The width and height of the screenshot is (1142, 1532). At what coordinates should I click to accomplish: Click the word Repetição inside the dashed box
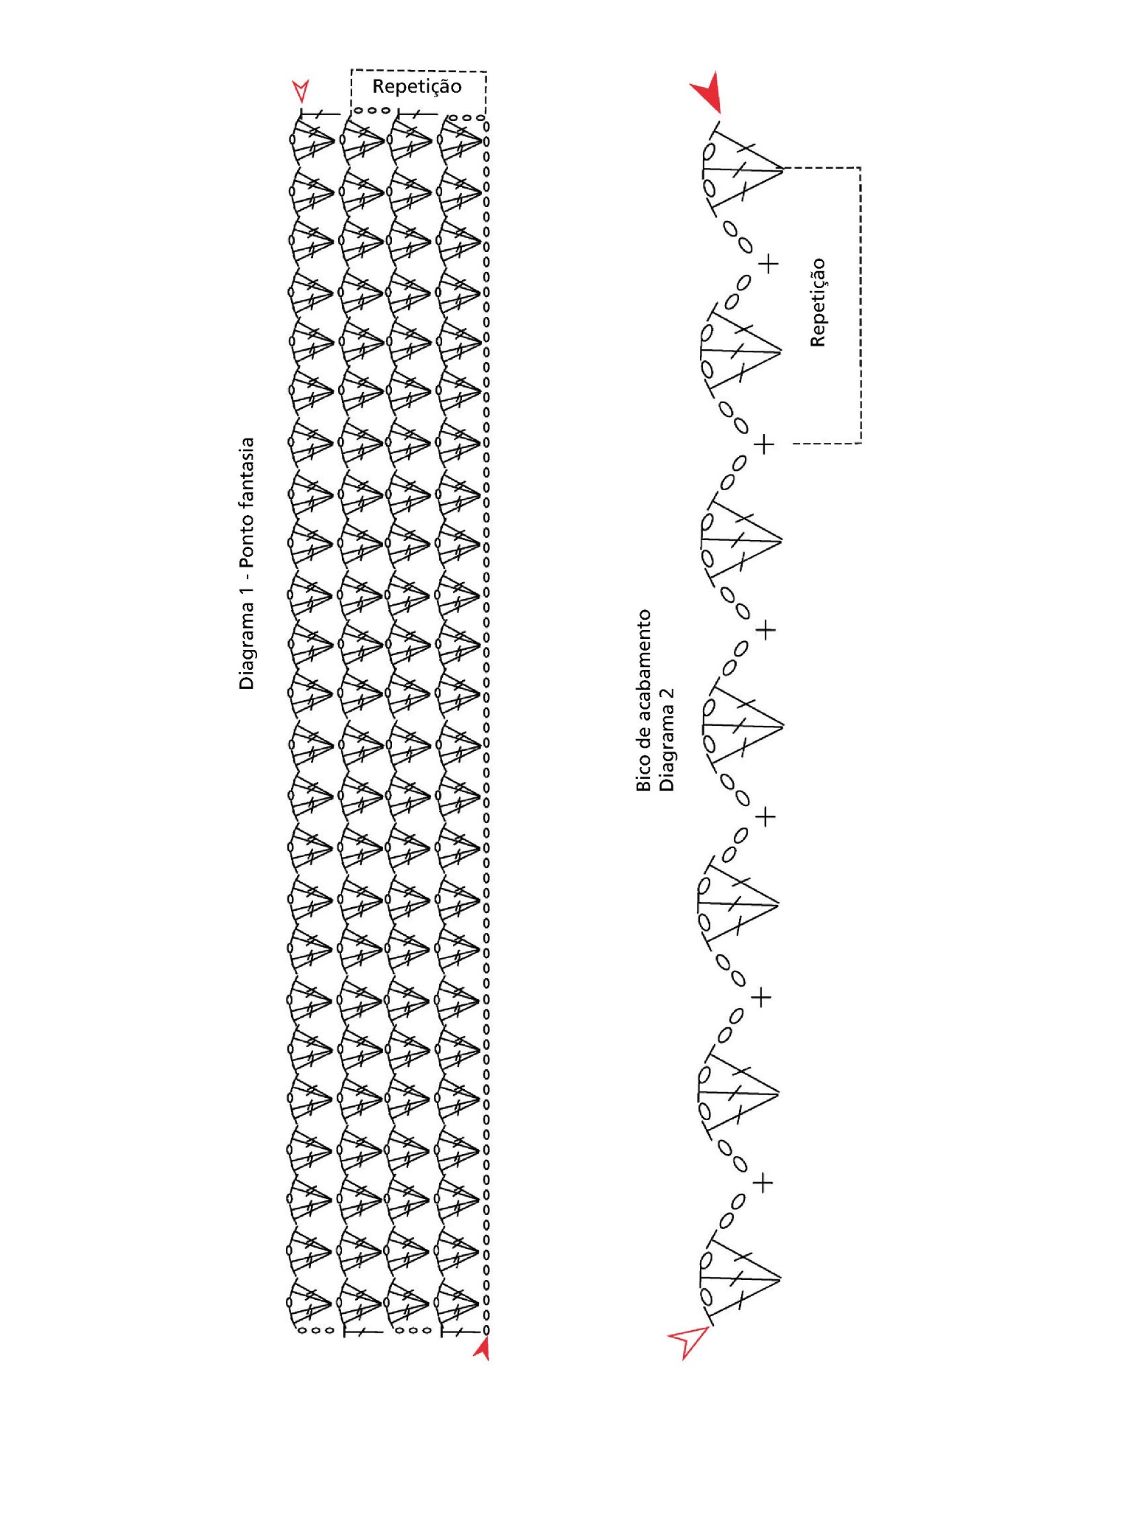416,88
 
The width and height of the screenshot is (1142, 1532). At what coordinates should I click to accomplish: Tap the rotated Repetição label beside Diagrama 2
819,302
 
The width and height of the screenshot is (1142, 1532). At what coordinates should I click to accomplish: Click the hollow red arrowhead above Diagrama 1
301,91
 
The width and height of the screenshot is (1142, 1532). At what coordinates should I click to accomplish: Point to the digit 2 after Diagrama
667,697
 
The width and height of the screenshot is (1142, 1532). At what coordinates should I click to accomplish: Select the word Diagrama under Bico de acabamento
667,752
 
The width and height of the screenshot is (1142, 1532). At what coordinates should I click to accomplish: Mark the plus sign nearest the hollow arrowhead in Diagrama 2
764,1183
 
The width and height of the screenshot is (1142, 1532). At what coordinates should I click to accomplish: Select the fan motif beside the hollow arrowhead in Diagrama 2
738,1279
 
